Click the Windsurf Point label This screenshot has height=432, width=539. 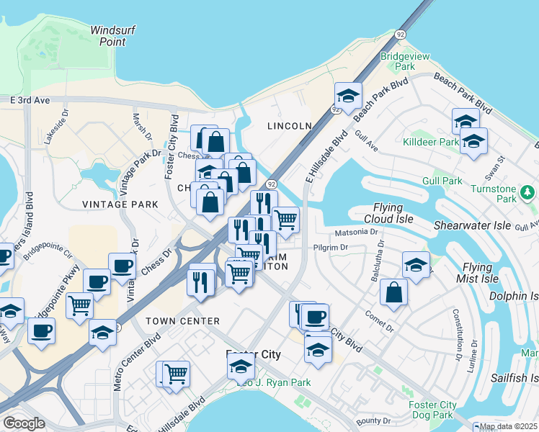click(x=109, y=36)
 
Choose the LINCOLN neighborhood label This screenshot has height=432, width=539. click(x=289, y=126)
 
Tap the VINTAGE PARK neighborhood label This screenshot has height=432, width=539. click(x=120, y=204)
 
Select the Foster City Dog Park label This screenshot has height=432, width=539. click(x=432, y=410)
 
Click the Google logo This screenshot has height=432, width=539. click(x=24, y=423)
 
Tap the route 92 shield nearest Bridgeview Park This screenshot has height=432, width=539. click(x=399, y=34)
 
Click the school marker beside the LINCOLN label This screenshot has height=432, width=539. click(x=347, y=96)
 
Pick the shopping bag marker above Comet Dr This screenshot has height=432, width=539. click(x=393, y=292)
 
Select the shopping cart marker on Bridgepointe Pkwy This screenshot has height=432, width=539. click(x=79, y=305)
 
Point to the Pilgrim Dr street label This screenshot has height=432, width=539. click(x=331, y=248)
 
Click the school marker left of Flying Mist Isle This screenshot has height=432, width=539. click(x=416, y=264)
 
